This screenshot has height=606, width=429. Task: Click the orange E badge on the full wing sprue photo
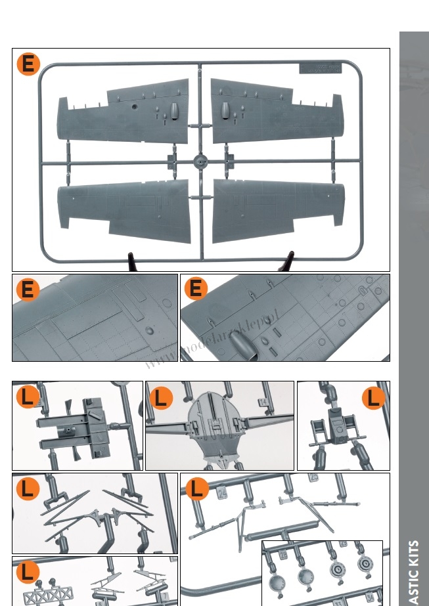[x=28, y=64]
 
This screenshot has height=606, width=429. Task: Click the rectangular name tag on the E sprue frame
[x=319, y=68]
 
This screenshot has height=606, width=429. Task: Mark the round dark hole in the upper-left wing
[x=134, y=105]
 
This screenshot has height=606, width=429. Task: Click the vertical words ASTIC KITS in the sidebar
[x=414, y=571]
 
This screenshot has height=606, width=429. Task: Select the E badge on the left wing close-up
[x=28, y=289]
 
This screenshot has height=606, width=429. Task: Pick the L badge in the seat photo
[x=373, y=398]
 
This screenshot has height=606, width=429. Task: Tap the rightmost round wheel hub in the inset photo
[x=365, y=565]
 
